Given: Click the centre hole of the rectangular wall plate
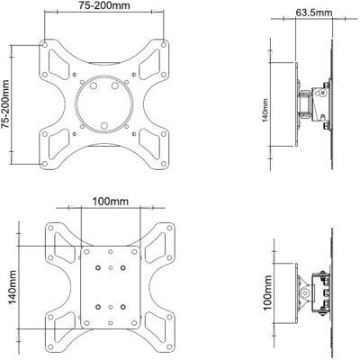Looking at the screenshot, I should point(109,287).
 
